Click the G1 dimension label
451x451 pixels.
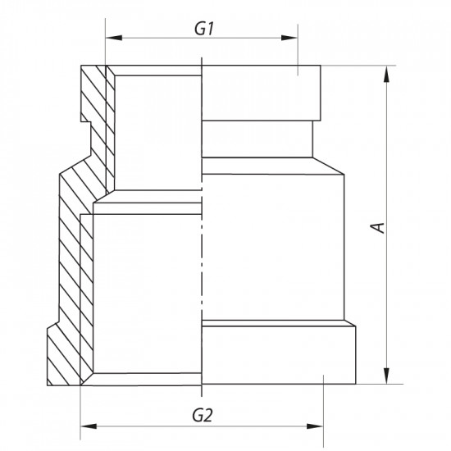(204, 27)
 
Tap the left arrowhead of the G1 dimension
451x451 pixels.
(112, 38)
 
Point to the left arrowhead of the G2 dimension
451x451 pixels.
(87, 426)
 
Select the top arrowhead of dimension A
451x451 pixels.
(384, 73)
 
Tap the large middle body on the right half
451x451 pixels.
(271, 238)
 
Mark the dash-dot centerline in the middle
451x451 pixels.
(201, 246)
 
